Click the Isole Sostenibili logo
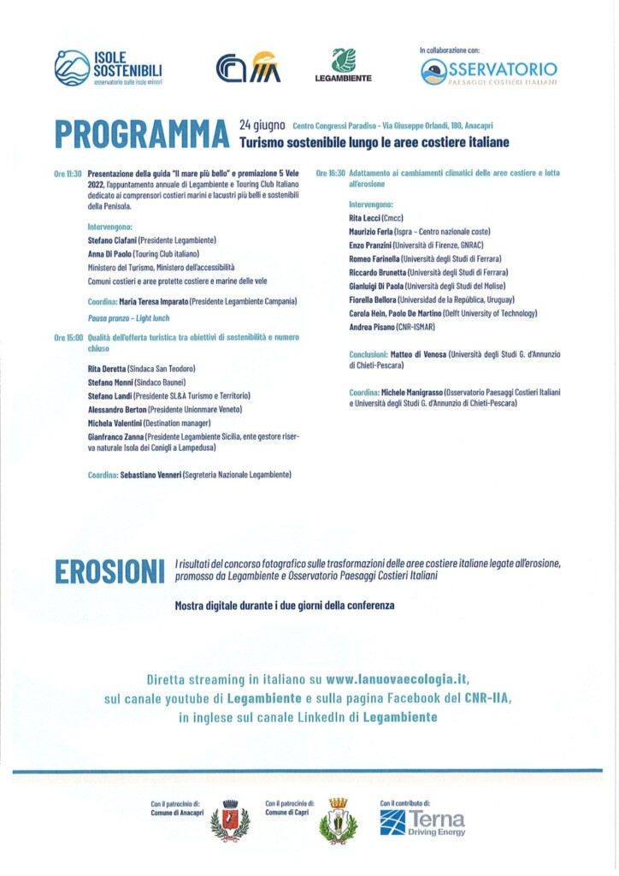pyautogui.click(x=109, y=68)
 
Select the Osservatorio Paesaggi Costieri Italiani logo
pyautogui.click(x=489, y=72)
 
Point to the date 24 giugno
pyautogui.click(x=262, y=125)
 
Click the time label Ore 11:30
pyautogui.click(x=68, y=173)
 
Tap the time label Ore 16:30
pyautogui.click(x=330, y=173)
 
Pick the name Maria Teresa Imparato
pyautogui.click(x=154, y=301)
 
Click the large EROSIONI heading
pyautogui.click(x=109, y=571)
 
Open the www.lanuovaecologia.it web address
pyautogui.click(x=398, y=679)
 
